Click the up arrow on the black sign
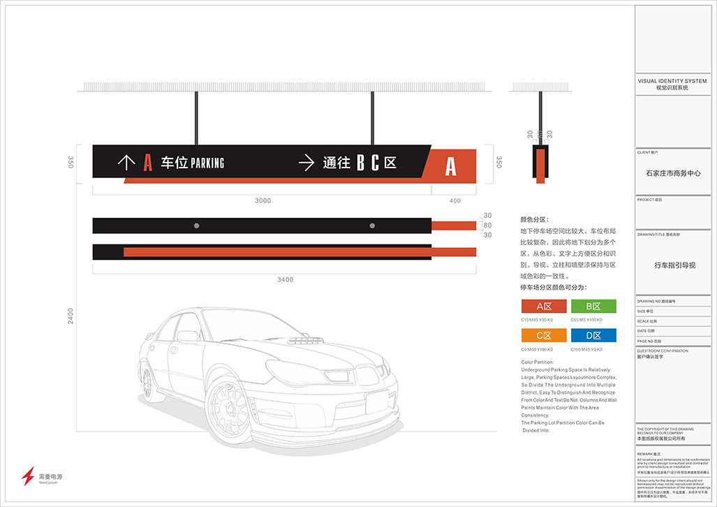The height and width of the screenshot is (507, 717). tap(126, 163)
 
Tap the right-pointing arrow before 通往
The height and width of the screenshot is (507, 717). tap(306, 163)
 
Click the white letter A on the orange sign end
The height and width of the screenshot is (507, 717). tap(451, 166)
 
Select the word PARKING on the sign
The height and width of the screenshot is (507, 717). tap(207, 163)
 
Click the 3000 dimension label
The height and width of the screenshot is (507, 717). tap(263, 201)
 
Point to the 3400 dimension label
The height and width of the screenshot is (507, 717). tap(285, 280)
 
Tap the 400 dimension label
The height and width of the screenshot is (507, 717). tap(455, 201)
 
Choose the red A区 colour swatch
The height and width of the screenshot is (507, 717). tap(544, 306)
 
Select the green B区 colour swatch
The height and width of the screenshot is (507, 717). tap(593, 306)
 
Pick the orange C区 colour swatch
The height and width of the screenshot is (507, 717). tap(544, 335)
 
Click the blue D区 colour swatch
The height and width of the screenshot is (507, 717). tap(593, 335)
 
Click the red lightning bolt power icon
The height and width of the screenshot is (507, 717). tap(28, 476)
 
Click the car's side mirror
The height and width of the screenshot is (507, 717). tap(188, 337)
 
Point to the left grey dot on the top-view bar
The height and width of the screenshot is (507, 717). tap(196, 226)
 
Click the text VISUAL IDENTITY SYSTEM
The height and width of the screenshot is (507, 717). tap(672, 82)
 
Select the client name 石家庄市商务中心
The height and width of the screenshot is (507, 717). tap(672, 173)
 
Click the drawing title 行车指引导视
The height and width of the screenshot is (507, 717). tap(674, 265)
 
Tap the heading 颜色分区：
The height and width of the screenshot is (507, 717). tap(535, 219)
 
